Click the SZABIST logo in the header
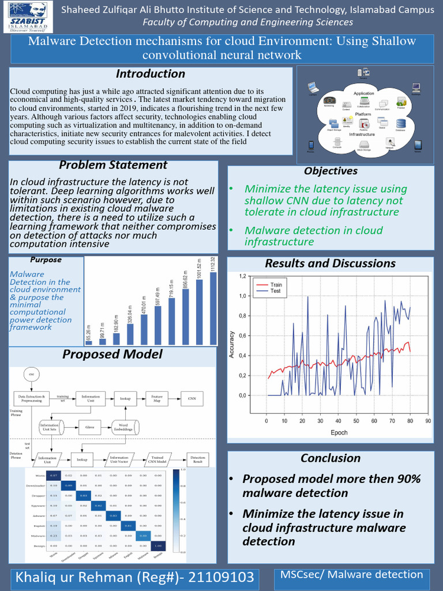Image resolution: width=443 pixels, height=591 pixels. [26, 17]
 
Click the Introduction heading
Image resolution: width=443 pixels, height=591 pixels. [151, 74]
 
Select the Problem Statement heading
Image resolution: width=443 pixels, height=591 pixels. [113, 165]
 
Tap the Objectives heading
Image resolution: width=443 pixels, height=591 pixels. [331, 171]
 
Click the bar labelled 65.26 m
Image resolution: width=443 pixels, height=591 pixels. [89, 342]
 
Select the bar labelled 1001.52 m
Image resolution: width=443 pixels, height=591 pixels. [200, 312]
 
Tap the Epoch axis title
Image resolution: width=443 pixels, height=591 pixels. [339, 432]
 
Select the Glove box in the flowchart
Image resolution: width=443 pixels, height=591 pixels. [89, 428]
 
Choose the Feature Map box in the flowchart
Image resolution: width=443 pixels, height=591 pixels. [157, 398]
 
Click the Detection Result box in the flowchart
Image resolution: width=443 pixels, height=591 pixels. [198, 460]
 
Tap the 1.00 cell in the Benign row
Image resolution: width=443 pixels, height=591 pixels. [157, 545]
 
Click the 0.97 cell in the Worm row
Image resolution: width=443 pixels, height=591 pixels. [54, 475]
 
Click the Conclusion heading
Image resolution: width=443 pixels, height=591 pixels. [331, 458]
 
